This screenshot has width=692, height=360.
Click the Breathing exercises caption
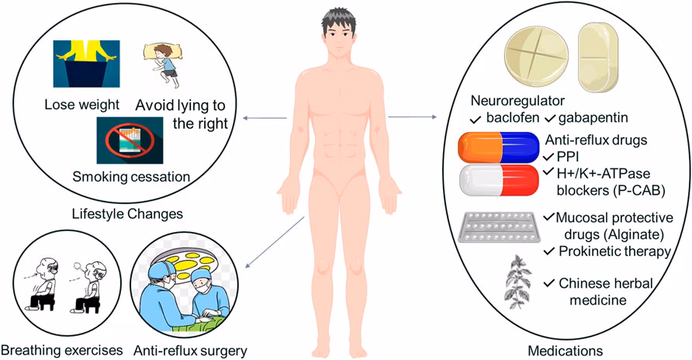(62, 351)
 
